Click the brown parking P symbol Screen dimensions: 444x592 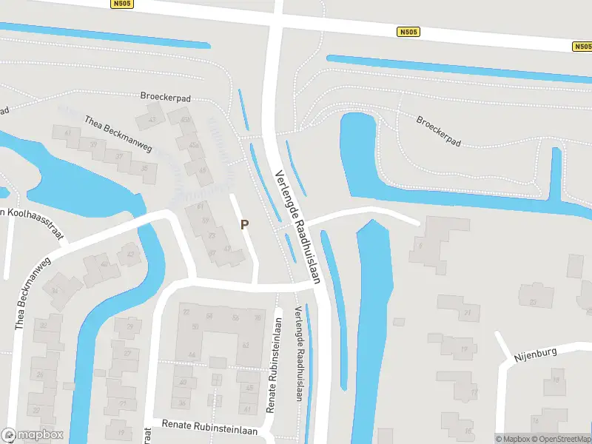tap(244, 224)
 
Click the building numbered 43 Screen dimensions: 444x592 tap(153, 119)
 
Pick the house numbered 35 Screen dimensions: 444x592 tap(144, 169)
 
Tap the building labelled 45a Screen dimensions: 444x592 tap(194, 145)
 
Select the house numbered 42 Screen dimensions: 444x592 tap(131, 255)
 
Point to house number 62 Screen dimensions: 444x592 tap(245, 344)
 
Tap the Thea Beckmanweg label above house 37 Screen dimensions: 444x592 tap(118, 134)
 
